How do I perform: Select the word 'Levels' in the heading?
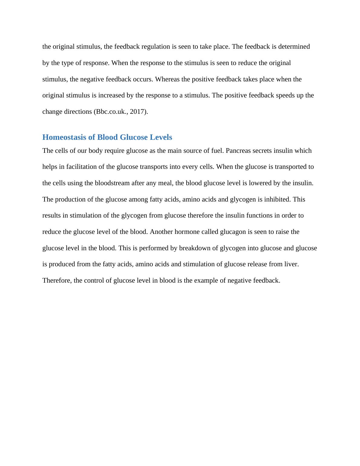tap(162, 137)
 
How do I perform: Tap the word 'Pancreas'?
tap(238, 151)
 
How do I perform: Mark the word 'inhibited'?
tap(277, 199)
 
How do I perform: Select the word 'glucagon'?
tap(233, 232)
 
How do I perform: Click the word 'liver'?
tap(292, 264)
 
